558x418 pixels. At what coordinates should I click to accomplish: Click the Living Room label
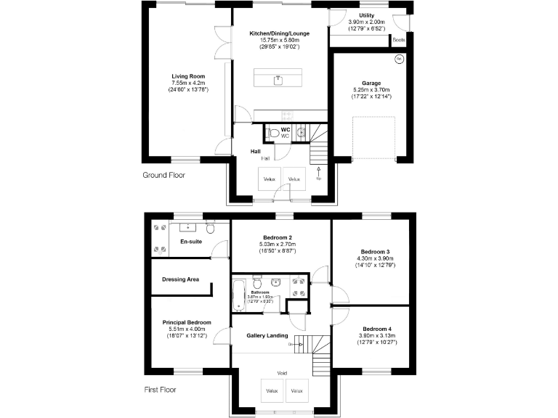coord(188,76)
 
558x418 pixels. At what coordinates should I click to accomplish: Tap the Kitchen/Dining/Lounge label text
coord(280,33)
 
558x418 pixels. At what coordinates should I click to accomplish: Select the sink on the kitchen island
coord(278,79)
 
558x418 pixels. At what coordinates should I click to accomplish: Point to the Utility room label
coord(367,15)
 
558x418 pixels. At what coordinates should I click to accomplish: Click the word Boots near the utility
coord(398,40)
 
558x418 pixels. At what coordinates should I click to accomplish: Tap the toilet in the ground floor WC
coord(272,134)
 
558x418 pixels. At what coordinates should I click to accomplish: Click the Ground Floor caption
coord(163,175)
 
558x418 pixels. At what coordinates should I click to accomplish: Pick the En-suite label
coord(190,242)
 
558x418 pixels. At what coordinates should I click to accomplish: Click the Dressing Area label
coord(181,279)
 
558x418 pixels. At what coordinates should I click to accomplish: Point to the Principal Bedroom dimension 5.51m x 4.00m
coord(187,329)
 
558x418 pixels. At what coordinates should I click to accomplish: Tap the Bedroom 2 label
coord(280,237)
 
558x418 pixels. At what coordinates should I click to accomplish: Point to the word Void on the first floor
coord(282,373)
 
